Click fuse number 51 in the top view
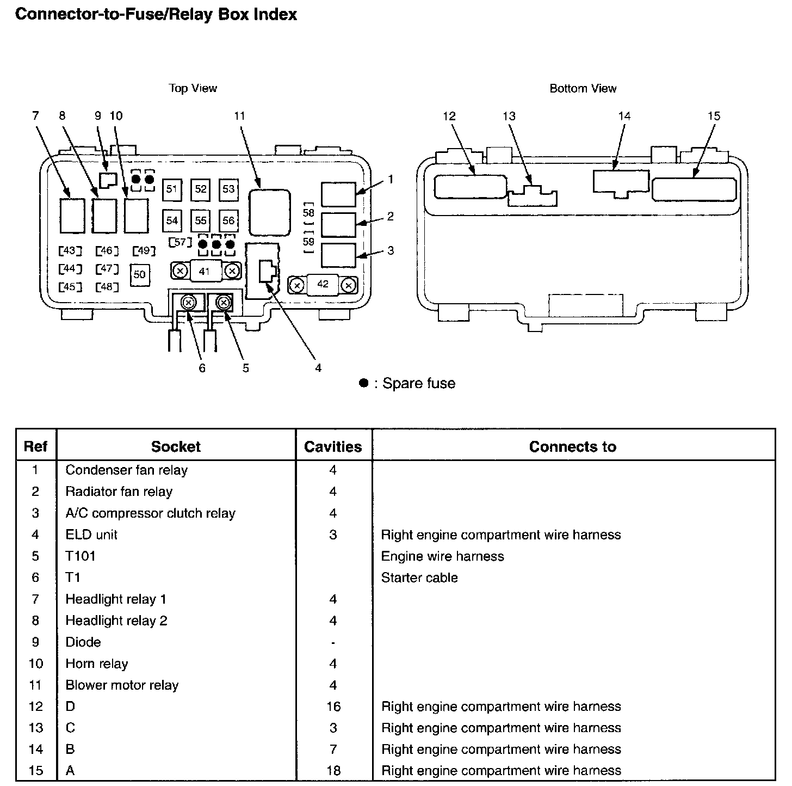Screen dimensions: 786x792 pyautogui.click(x=172, y=189)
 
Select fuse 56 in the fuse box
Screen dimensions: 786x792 pyautogui.click(x=228, y=220)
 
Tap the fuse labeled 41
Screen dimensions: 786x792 pyautogui.click(x=205, y=271)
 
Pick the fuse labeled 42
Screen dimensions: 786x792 pyautogui.click(x=323, y=284)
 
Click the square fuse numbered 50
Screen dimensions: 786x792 pyautogui.click(x=140, y=274)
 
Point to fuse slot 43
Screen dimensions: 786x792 pyautogui.click(x=70, y=250)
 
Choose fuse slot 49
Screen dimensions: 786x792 pyautogui.click(x=144, y=250)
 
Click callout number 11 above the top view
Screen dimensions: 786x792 pyautogui.click(x=239, y=116)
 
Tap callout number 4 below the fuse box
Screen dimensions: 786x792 pyautogui.click(x=318, y=368)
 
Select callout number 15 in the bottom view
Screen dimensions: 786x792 pyautogui.click(x=714, y=116)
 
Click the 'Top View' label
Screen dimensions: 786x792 pyautogui.click(x=193, y=88)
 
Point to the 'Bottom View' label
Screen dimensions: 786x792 pyautogui.click(x=583, y=88)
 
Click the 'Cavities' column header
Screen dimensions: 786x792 pyautogui.click(x=333, y=447)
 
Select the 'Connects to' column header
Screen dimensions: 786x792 pyautogui.click(x=572, y=447)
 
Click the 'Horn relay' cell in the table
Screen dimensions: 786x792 pyautogui.click(x=97, y=664)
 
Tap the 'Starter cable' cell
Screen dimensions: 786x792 pyautogui.click(x=419, y=578)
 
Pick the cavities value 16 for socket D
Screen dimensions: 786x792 pyautogui.click(x=333, y=707)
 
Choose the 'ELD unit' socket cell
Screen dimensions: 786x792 pyautogui.click(x=91, y=535)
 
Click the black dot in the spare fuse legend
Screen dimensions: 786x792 pyautogui.click(x=363, y=383)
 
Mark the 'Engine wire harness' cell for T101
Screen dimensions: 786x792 pyautogui.click(x=442, y=556)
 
